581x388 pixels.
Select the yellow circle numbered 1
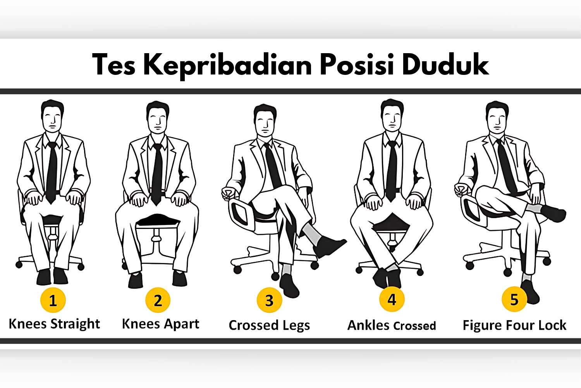pyautogui.click(x=53, y=300)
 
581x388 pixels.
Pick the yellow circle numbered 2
pyautogui.click(x=158, y=300)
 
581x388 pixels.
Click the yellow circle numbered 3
pyautogui.click(x=269, y=300)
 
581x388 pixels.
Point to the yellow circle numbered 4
pyautogui.click(x=392, y=299)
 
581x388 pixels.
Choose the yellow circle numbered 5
pyautogui.click(x=514, y=299)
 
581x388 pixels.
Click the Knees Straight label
pyautogui.click(x=54, y=324)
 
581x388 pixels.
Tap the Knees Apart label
pyautogui.click(x=160, y=324)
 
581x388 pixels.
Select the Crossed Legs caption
pyautogui.click(x=269, y=325)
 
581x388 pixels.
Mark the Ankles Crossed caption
pyautogui.click(x=392, y=325)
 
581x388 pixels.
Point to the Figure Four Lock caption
pyautogui.click(x=514, y=325)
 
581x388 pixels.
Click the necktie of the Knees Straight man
pyautogui.click(x=52, y=171)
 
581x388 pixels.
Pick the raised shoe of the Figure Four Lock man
pyautogui.click(x=554, y=213)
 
